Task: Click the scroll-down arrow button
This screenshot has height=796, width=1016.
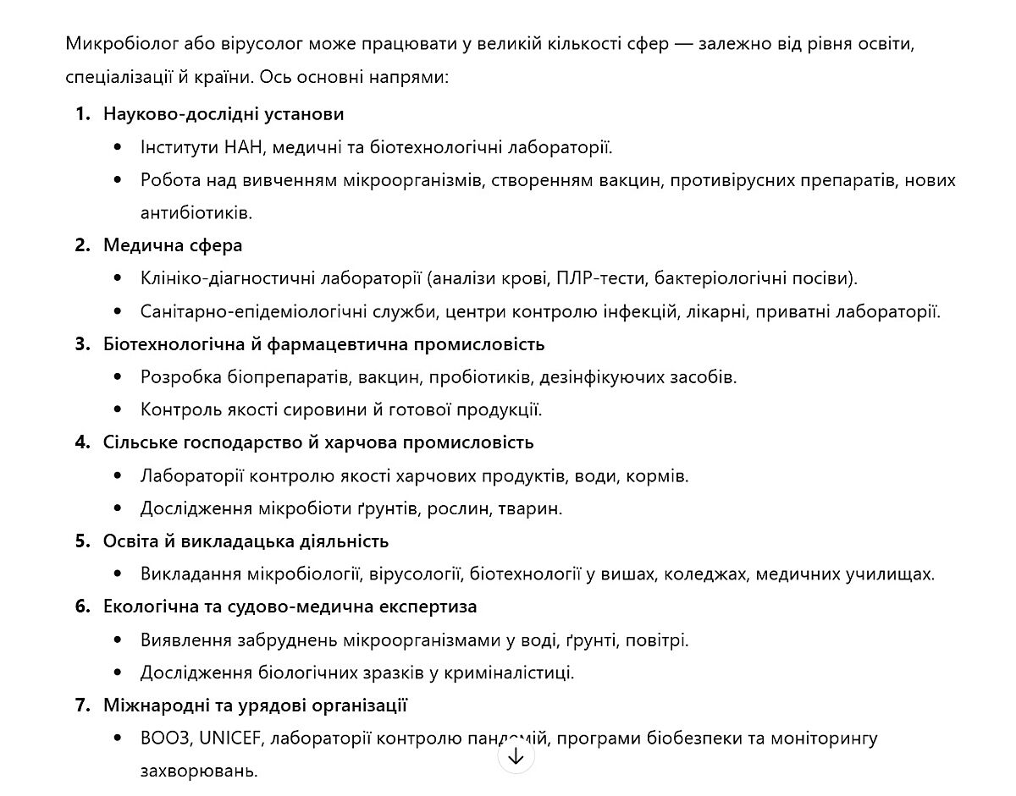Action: [516, 755]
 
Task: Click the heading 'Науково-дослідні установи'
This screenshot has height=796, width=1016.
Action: [224, 113]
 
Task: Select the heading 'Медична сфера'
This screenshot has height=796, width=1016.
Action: [173, 245]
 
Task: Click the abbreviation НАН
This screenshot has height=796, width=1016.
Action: [244, 147]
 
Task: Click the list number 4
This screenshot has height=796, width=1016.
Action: [82, 442]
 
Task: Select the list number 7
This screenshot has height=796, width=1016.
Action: [82, 705]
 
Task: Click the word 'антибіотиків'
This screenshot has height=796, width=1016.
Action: [196, 212]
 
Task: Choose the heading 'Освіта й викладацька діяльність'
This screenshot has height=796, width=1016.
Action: [246, 541]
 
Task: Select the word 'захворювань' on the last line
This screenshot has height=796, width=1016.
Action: [198, 771]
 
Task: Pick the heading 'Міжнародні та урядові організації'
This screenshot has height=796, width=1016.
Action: [256, 705]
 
